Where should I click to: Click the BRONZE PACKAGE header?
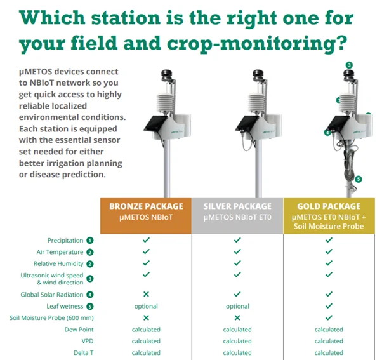146,216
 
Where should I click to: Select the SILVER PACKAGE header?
237,216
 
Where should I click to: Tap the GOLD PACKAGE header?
329,216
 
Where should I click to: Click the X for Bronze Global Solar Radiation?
146,294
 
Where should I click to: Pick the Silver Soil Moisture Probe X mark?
237,317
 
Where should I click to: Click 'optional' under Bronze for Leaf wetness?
146,307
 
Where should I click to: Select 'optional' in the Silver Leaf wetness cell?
237,307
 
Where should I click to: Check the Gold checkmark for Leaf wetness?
329,305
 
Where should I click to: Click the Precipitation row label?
65,241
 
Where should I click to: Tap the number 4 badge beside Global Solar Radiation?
90,295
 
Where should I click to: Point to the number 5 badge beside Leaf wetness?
90,307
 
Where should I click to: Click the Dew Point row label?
79,330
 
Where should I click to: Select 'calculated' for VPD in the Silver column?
237,341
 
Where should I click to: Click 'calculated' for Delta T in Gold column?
329,352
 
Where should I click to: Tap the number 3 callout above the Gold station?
349,65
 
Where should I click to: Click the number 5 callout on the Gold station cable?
358,180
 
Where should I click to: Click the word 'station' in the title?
126,18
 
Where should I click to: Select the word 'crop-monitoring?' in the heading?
257,44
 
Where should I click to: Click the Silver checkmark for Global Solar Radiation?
237,294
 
